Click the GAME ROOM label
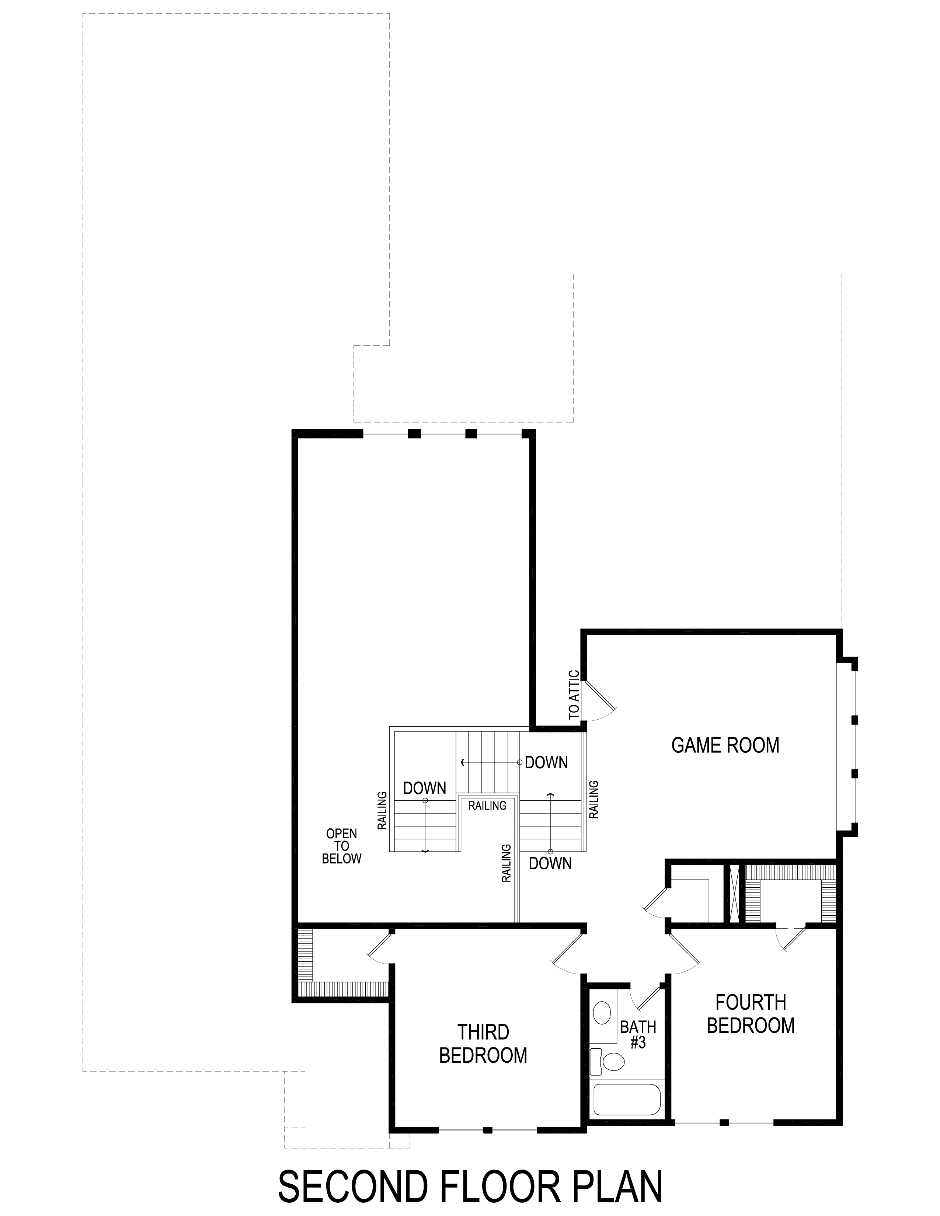pyautogui.click(x=725, y=745)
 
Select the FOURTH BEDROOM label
pyautogui.click(x=751, y=1014)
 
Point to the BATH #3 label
pyautogui.click(x=638, y=1034)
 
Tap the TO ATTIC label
pyautogui.click(x=574, y=695)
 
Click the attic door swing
pyautogui.click(x=599, y=700)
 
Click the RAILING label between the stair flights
pyautogui.click(x=487, y=806)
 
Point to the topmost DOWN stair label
pyautogui.click(x=546, y=762)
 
